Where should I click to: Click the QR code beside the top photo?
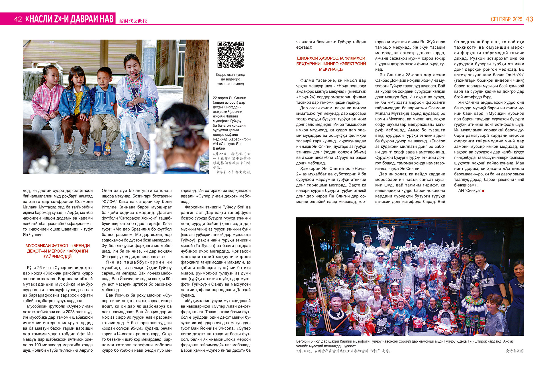230,55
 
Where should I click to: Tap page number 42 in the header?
18,19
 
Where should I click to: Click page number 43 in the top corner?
529,19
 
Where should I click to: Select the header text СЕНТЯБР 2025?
506,19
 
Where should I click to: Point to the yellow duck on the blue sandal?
107,148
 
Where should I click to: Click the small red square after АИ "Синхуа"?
483,191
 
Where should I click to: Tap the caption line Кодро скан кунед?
230,75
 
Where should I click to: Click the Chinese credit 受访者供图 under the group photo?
515,351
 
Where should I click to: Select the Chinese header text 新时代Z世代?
133,21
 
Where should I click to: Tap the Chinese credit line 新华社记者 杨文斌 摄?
233,172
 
